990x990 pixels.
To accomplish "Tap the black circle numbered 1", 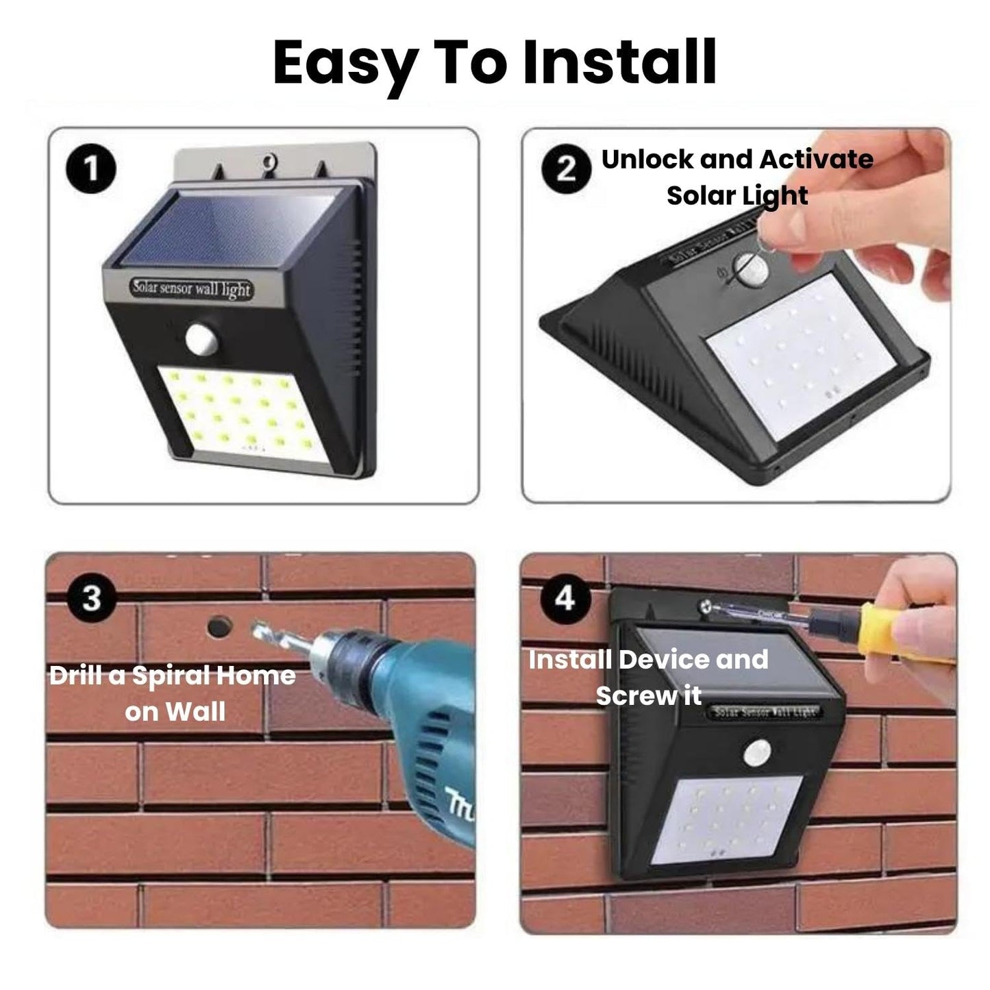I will (x=91, y=169).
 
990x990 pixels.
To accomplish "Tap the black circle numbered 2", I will (x=566, y=169).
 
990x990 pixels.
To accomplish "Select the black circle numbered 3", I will (x=92, y=598).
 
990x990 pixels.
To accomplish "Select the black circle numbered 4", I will (x=565, y=598).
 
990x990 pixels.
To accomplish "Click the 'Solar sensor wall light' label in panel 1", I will (x=193, y=288).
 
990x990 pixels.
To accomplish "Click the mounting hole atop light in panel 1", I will (x=268, y=162).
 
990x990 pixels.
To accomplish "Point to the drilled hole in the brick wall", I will (x=219, y=625).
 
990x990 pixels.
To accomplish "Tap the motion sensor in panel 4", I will (x=758, y=752).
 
